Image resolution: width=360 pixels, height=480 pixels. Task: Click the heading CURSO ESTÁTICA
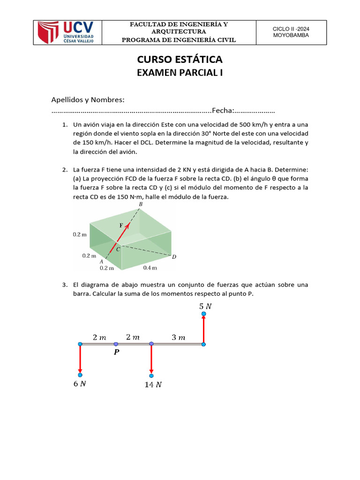(180, 60)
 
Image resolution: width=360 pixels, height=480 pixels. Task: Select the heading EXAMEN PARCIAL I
(180, 72)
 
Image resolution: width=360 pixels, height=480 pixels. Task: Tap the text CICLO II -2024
(291, 29)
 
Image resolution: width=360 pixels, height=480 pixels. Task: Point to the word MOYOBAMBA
(291, 36)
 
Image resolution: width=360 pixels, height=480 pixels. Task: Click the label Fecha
(222, 111)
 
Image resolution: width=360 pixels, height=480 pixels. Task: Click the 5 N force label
(205, 306)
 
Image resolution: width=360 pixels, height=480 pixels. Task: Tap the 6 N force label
(80, 383)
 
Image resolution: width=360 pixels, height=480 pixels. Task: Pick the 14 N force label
(153, 385)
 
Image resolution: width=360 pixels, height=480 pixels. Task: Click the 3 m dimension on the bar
(178, 337)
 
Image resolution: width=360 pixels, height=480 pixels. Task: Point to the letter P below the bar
(116, 352)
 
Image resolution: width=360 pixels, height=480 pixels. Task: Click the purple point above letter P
(116, 344)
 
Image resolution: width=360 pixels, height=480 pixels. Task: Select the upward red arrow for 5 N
(203, 329)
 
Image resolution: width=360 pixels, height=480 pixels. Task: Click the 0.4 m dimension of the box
(150, 268)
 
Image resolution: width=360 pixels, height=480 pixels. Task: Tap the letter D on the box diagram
(174, 256)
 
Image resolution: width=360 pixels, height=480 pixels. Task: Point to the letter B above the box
(141, 204)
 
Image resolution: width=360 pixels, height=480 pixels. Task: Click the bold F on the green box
(121, 225)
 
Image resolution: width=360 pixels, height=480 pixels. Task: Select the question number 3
(64, 285)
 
